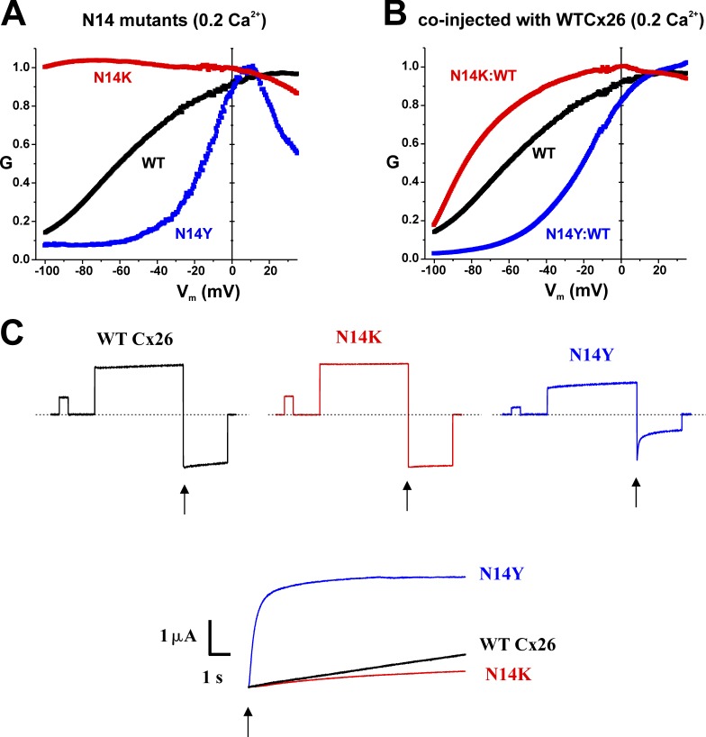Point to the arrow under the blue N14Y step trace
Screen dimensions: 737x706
click(x=637, y=492)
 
